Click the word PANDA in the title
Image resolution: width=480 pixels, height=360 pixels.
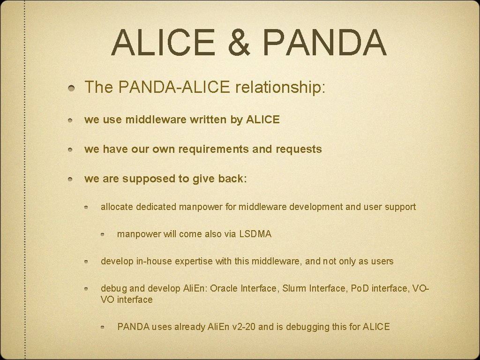click(x=324, y=42)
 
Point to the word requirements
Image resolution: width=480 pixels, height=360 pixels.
click(x=205, y=150)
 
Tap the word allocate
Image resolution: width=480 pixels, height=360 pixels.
click(x=117, y=207)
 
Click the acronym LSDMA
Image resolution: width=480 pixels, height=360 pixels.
click(x=255, y=234)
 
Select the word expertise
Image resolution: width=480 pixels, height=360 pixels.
click(x=191, y=261)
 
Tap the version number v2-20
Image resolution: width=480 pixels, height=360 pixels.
click(x=244, y=327)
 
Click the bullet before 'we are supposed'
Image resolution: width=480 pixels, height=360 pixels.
click(x=69, y=180)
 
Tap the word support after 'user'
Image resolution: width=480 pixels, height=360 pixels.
click(x=400, y=207)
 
